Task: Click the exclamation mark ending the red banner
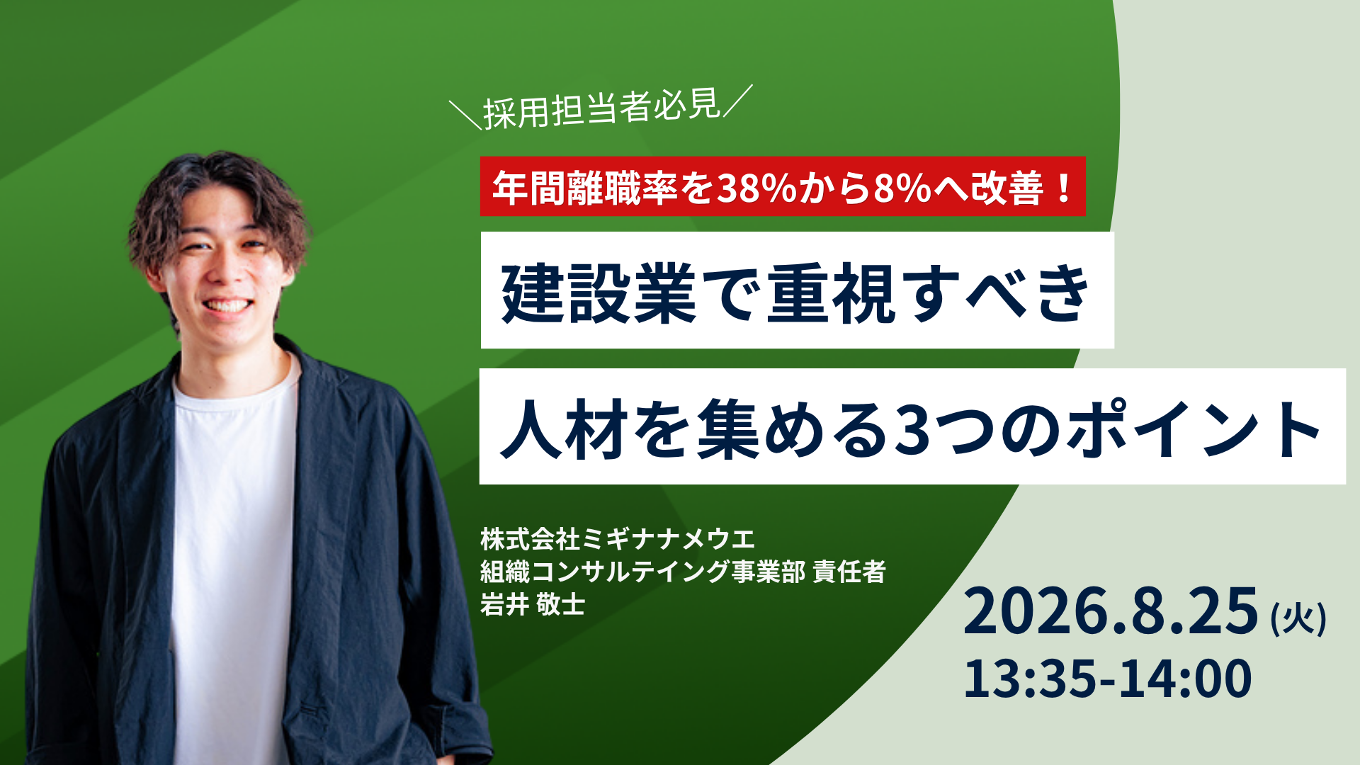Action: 1064,188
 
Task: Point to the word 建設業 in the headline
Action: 599,293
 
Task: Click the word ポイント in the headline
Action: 1194,429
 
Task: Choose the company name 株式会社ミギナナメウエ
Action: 618,540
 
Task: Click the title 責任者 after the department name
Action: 849,572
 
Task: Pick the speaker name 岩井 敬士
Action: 533,604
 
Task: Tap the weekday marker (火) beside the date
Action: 1299,618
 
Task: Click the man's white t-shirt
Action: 234,552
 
